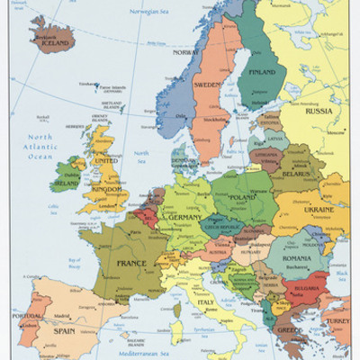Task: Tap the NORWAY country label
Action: pyautogui.click(x=185, y=51)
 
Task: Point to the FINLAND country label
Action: pyautogui.click(x=262, y=71)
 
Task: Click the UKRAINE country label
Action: pyautogui.click(x=319, y=208)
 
